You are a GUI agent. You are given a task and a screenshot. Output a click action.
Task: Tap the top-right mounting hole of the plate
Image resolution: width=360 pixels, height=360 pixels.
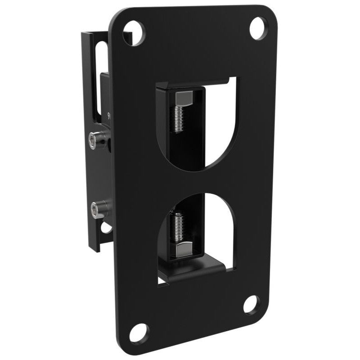point(258,27)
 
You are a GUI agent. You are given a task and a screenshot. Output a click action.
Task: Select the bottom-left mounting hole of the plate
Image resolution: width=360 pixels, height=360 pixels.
point(138,333)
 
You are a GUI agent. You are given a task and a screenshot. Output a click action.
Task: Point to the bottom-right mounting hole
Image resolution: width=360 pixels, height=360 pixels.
point(252,305)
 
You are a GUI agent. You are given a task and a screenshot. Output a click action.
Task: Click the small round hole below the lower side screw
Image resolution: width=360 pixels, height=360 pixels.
point(106,227)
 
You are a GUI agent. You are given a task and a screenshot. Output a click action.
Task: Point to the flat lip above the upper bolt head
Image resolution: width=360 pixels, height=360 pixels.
point(193,83)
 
